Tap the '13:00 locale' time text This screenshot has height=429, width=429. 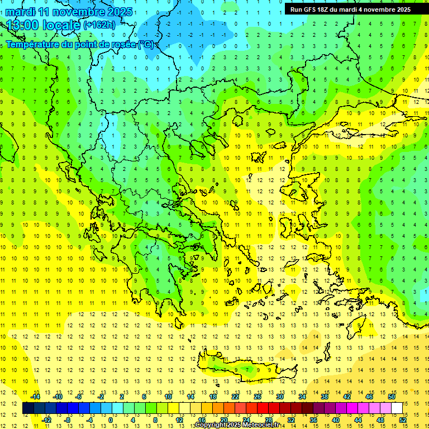point(43,25)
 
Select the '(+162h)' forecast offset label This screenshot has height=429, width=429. point(99,25)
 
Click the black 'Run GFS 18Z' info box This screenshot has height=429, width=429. point(350,9)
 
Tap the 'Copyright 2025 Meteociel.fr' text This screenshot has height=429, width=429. point(237,425)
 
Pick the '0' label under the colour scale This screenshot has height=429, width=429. point(111,420)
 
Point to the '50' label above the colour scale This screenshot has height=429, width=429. point(392,396)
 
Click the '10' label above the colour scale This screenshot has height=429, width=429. point(168,396)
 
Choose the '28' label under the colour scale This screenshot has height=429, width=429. point(268,420)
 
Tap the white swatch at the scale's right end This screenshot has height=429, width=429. point(397,408)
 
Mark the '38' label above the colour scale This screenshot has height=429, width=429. point(325,396)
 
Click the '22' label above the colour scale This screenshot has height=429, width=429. point(235,396)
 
